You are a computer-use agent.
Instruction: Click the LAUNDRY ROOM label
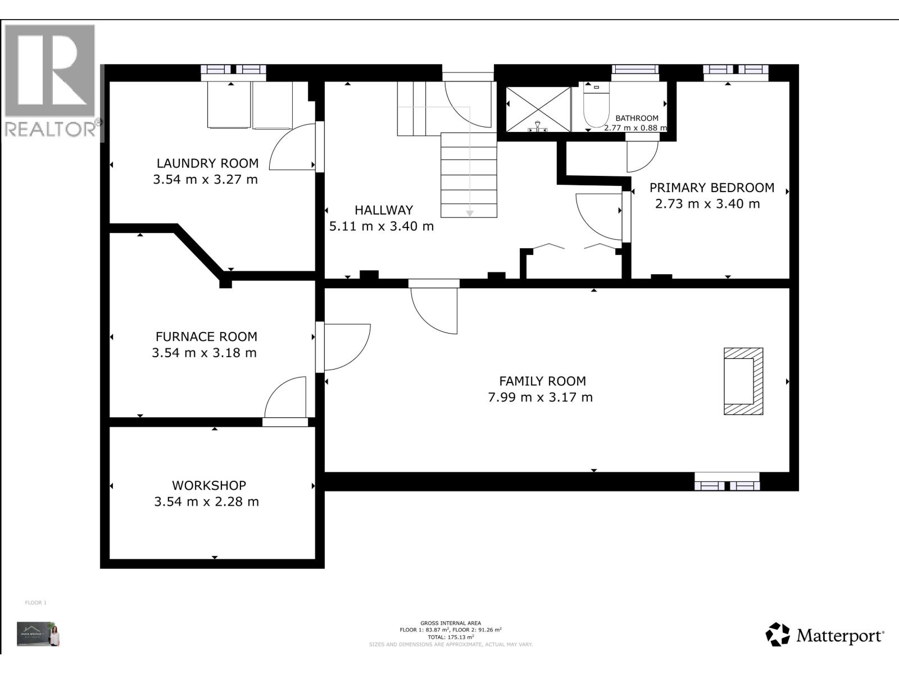click(207, 163)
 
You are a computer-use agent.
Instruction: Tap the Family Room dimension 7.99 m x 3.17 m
click(540, 398)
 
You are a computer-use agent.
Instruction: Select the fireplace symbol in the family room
click(743, 381)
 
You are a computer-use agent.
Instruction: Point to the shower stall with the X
click(538, 109)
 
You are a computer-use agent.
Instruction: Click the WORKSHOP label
click(208, 485)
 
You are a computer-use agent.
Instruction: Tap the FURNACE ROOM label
click(206, 337)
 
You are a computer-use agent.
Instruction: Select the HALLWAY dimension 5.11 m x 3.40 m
click(381, 226)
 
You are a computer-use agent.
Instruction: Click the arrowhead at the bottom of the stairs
click(469, 213)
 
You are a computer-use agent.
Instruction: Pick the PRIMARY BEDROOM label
click(712, 188)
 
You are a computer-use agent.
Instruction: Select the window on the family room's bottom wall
click(727, 482)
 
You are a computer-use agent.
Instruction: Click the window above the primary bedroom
click(735, 70)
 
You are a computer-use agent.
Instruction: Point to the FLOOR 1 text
click(35, 603)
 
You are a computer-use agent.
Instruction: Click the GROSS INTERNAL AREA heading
click(451, 623)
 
